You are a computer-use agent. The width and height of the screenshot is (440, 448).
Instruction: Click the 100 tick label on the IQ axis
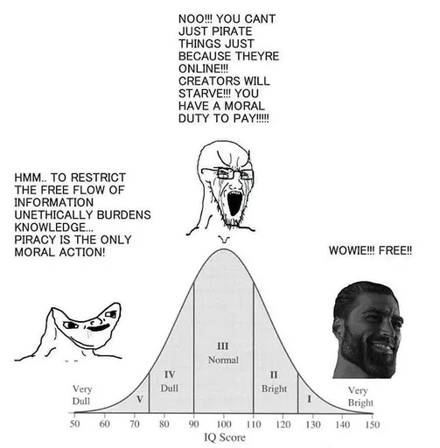point(224,424)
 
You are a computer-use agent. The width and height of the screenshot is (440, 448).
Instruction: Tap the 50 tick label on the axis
point(75,423)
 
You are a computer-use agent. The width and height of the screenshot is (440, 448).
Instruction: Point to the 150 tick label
point(373,424)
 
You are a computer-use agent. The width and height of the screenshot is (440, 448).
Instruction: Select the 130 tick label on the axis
point(313,424)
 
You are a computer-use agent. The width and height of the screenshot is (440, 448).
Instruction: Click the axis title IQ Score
point(225,437)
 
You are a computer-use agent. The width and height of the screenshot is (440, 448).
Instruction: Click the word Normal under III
point(223,360)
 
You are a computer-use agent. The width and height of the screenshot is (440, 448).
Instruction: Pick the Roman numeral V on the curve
point(140,399)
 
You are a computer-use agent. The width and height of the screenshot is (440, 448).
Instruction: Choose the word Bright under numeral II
point(274,388)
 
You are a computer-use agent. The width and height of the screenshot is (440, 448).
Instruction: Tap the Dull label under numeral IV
point(170,388)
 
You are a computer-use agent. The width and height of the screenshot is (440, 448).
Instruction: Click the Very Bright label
point(360,396)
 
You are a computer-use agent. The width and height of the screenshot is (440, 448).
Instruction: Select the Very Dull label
point(82,395)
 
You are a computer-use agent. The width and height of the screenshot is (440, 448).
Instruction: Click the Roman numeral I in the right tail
point(309,399)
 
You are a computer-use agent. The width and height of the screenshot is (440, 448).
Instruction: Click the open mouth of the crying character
point(234,202)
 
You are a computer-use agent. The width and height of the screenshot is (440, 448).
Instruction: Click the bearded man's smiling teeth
point(385,347)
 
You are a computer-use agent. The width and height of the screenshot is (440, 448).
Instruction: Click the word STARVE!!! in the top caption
point(205,94)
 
